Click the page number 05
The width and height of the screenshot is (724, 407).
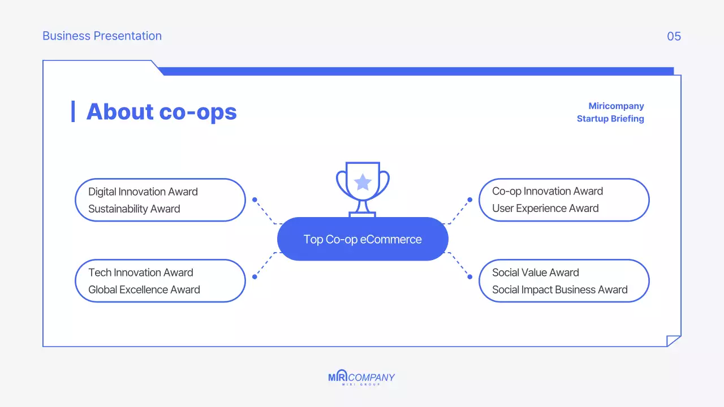coord(674,36)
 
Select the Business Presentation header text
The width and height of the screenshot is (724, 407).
coord(102,36)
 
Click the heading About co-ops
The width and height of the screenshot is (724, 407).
coord(161,111)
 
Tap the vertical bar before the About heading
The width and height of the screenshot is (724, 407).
coord(73,111)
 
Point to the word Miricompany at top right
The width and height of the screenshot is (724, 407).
coord(616,106)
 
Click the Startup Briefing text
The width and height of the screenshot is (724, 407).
coord(610,119)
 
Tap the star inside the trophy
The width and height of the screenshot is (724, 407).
coord(363,183)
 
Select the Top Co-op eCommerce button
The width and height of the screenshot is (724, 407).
coord(363,239)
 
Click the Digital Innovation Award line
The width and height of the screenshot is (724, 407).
coord(143,192)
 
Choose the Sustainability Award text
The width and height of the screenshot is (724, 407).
coord(134,209)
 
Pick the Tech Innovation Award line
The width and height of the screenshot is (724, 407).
coord(141,272)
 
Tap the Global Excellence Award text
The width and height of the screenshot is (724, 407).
coord(144,289)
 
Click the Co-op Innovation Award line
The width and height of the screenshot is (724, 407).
coord(548,191)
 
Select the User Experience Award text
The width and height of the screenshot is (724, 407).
coord(545,208)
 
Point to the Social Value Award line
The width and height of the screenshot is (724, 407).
coord(536,272)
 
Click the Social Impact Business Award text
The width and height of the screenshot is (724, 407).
coord(560,289)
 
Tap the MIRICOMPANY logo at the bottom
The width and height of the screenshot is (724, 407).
coord(361,378)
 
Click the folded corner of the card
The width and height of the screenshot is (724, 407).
coord(673,341)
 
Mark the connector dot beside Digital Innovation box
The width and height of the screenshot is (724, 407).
coord(255,200)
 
